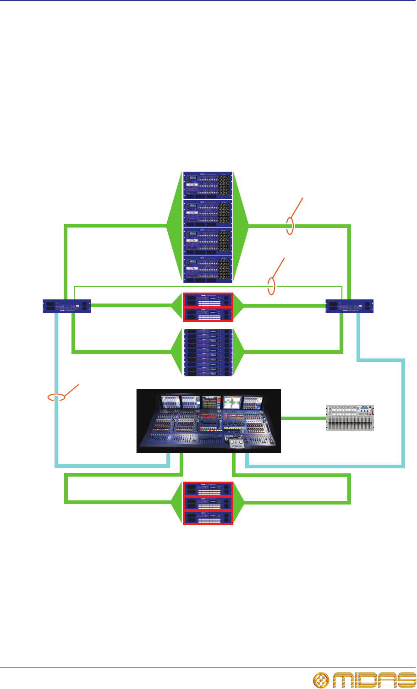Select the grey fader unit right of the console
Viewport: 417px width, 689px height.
click(350, 418)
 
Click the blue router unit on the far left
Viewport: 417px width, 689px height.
click(67, 306)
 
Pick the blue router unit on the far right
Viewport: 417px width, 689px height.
click(350, 306)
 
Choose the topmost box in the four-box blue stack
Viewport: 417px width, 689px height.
click(208, 185)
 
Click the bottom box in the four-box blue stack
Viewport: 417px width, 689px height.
click(208, 269)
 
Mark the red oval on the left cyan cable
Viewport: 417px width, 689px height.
click(57, 397)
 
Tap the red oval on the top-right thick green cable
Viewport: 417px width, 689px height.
click(290, 226)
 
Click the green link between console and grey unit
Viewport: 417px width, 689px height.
click(302, 418)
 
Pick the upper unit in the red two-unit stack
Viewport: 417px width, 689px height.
click(208, 299)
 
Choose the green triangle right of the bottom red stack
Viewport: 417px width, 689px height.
click(240, 503)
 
